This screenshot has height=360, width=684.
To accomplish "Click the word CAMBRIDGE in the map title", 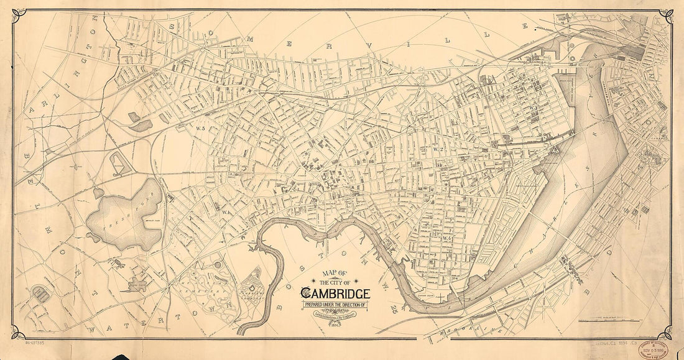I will point(336,293).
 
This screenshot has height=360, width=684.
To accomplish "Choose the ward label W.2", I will point(437,149).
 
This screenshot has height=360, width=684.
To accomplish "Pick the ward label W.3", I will point(533,108).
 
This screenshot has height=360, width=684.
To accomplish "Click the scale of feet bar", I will point(598,321).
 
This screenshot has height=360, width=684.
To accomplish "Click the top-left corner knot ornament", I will point(19,16).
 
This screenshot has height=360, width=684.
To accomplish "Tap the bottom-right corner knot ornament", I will point(665,333).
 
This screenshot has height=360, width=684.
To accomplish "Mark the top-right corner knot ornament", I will point(666,16).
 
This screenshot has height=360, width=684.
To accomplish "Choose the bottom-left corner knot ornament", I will point(19,333).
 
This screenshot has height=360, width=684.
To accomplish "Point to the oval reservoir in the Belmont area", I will point(41,293).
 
